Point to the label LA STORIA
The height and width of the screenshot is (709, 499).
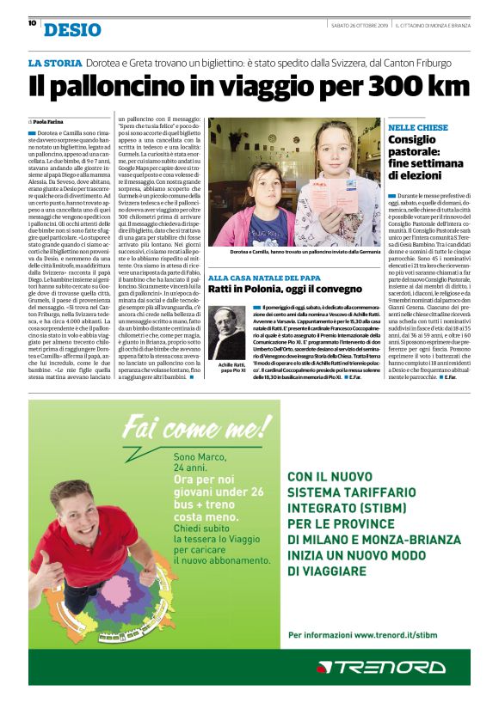(x=55, y=64)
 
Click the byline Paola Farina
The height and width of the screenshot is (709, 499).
(x=52, y=122)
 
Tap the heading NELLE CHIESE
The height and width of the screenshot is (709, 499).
(x=418, y=127)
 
